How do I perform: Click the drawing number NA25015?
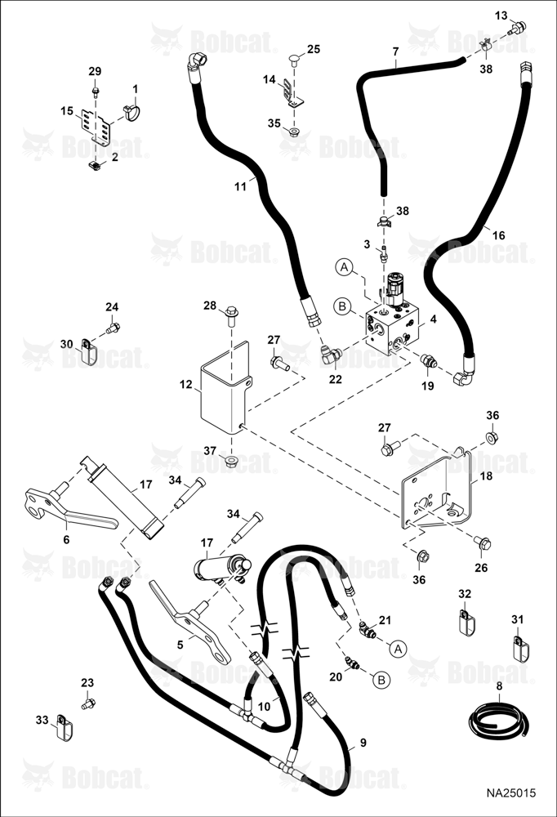click(510, 793)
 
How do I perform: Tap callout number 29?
click(95, 71)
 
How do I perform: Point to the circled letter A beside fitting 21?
click(399, 649)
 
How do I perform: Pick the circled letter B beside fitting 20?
click(381, 680)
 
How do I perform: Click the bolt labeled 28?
click(232, 317)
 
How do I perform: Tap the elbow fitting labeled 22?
click(330, 355)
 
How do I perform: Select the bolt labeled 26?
click(483, 542)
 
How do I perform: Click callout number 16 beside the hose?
click(499, 235)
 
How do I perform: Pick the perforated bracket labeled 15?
click(97, 127)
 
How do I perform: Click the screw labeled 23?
click(88, 703)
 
